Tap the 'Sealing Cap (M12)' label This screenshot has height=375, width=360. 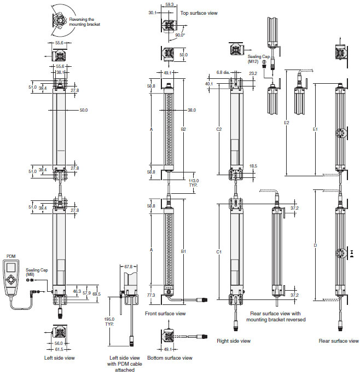coord(259,59)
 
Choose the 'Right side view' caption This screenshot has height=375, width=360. coord(234,341)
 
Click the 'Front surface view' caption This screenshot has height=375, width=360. coord(166,314)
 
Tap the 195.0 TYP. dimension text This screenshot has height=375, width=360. coord(110,321)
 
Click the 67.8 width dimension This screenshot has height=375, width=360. coord(129,267)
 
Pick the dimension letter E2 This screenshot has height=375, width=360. coord(287,123)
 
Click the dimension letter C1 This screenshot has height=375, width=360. coord(219,252)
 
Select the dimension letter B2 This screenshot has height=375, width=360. coord(184,129)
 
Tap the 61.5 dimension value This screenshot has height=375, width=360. coord(59,349)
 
